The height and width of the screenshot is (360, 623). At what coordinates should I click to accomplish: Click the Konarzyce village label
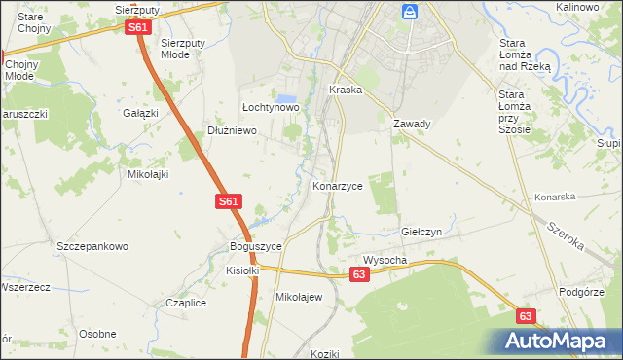click(x=338, y=185)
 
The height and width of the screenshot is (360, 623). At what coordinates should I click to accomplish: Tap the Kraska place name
click(x=346, y=90)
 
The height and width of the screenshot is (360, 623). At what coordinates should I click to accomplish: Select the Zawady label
click(x=412, y=125)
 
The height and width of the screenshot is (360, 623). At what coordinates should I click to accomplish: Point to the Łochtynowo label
click(x=270, y=107)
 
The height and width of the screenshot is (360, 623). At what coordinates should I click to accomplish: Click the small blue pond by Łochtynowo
click(x=286, y=99)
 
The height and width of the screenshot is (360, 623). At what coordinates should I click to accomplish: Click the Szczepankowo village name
click(x=92, y=247)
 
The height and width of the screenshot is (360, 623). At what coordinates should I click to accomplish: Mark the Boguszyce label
click(x=255, y=247)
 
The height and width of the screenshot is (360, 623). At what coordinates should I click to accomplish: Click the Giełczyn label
click(x=422, y=234)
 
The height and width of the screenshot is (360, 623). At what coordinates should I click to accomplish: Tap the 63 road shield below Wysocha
click(x=360, y=276)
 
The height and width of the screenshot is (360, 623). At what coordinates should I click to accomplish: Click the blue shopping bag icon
click(x=410, y=12)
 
